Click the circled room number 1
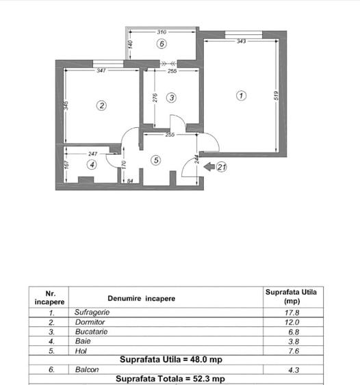coord(241,96)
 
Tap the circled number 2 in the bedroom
coord(101,105)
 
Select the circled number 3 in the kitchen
coord(171,98)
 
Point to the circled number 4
coord(92,164)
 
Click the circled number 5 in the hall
coord(156,160)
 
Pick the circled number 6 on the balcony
coord(162,44)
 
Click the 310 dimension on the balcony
coord(162,32)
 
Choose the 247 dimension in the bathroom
coord(94,154)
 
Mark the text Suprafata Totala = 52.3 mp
coord(170,379)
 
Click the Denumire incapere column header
coord(141,298)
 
